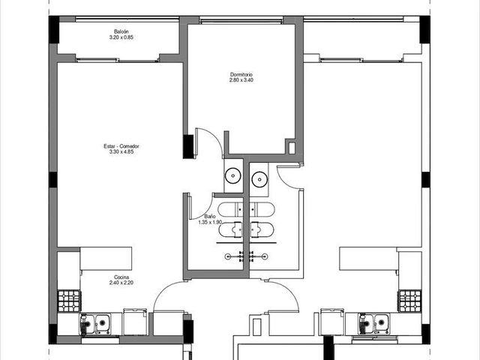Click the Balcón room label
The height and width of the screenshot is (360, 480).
(121, 31)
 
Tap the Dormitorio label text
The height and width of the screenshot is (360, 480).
(241, 74)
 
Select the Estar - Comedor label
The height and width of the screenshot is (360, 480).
(121, 146)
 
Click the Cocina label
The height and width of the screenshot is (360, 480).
(121, 277)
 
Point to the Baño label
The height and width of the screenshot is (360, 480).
(210, 217)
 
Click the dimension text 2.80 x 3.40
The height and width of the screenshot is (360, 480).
(241, 80)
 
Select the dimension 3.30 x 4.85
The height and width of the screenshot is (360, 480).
(121, 151)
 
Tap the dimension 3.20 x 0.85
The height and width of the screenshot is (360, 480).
(121, 37)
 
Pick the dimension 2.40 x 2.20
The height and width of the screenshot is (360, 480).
(121, 283)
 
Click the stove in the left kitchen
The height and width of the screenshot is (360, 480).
(70, 301)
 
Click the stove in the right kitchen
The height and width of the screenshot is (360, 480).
(410, 301)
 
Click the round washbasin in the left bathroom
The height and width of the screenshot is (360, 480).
(233, 176)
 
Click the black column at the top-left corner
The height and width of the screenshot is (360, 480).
(54, 29)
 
